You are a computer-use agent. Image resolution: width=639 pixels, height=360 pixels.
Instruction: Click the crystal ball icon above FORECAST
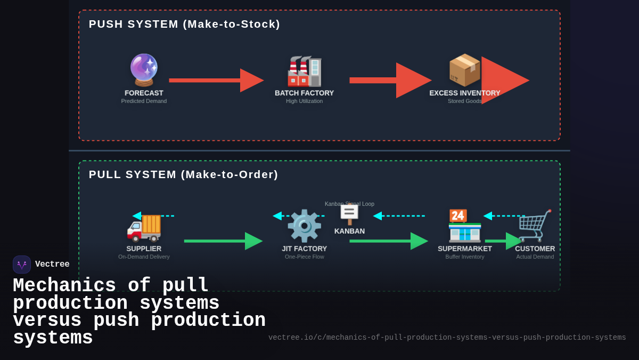[x=144, y=70]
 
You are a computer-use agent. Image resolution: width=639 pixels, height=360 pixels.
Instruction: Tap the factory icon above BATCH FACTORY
[x=304, y=71]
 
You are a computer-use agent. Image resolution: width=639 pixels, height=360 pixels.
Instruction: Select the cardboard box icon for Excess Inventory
[x=464, y=70]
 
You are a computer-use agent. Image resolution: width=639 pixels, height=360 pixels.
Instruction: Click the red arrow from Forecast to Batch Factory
[x=216, y=81]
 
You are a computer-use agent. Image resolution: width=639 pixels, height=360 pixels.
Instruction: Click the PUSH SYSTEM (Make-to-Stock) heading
[x=184, y=24]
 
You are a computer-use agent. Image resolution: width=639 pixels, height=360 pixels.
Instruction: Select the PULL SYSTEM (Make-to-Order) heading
[x=183, y=174]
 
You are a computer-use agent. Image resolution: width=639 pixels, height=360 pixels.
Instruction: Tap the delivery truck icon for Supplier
[x=144, y=226]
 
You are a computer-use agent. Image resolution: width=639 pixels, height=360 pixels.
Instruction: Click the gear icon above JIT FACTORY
[x=304, y=226]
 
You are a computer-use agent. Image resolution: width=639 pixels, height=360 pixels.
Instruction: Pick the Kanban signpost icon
[x=349, y=214]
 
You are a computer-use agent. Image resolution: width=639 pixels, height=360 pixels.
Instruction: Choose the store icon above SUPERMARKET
[x=464, y=226]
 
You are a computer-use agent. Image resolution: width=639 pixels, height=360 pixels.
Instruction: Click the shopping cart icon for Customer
[x=535, y=226]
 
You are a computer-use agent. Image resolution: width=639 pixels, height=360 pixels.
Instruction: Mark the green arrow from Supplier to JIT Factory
[x=223, y=241]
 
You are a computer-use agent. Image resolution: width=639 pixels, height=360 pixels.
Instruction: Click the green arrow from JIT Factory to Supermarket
[x=388, y=241]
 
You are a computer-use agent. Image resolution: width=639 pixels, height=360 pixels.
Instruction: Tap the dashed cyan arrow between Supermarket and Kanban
[x=399, y=216]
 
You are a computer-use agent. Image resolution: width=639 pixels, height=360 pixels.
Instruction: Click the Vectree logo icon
[x=22, y=265]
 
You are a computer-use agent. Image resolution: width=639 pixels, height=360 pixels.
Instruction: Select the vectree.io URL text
[x=447, y=338]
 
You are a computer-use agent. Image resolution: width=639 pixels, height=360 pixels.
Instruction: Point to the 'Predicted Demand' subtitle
[x=144, y=101]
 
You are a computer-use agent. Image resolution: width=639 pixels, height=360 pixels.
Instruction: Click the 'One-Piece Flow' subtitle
[x=304, y=257]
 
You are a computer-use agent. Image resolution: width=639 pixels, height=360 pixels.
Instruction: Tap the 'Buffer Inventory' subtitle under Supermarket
[x=464, y=257]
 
